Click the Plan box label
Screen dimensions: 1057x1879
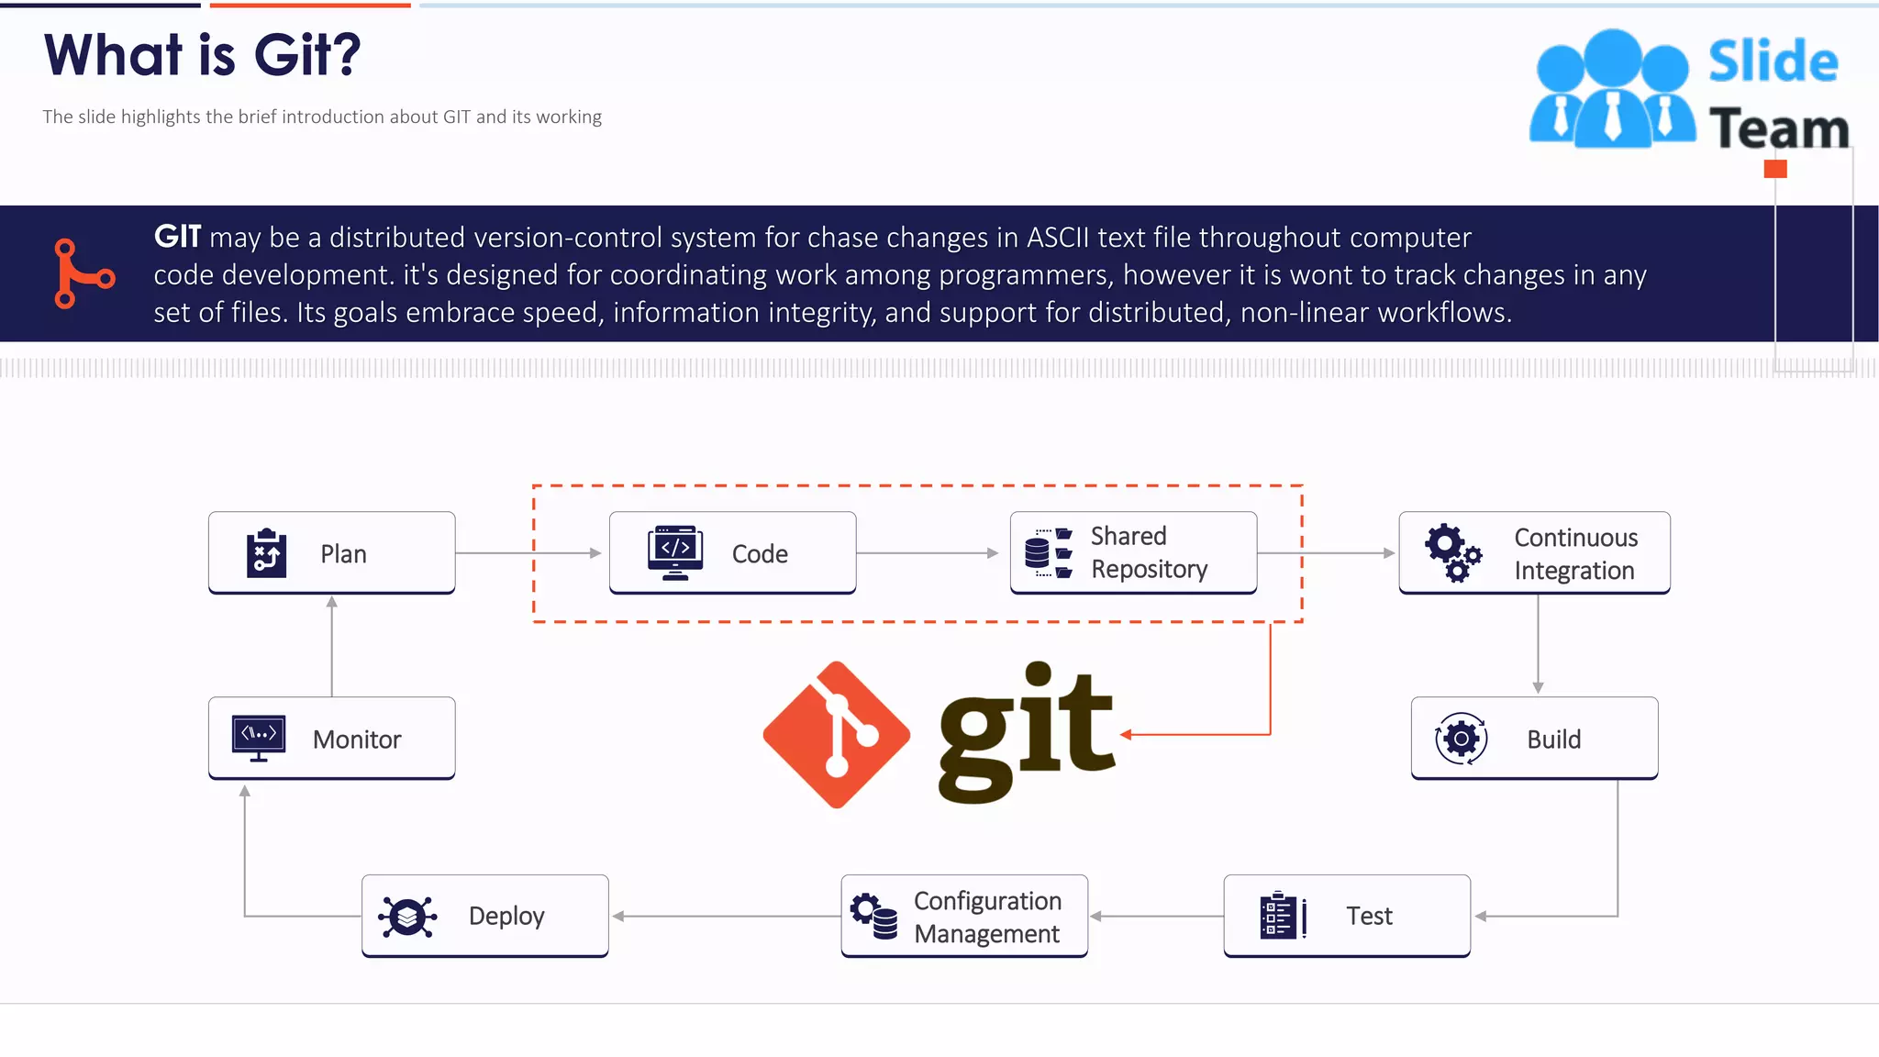[343, 554]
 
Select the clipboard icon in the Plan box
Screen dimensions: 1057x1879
[266, 553]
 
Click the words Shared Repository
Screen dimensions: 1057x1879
[1149, 552]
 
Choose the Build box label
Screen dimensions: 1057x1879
[1553, 740]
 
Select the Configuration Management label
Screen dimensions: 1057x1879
[987, 917]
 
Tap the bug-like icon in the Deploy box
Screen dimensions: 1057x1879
[407, 916]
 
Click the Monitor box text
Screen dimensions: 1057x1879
[357, 740]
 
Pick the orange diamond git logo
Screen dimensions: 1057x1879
[836, 735]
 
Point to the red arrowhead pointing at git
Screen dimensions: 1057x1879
[1126, 734]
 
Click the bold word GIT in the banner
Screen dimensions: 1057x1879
[177, 237]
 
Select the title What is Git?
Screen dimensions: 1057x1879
[203, 55]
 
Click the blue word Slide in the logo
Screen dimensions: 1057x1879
[1773, 61]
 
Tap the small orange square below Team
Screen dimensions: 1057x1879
[1775, 169]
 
